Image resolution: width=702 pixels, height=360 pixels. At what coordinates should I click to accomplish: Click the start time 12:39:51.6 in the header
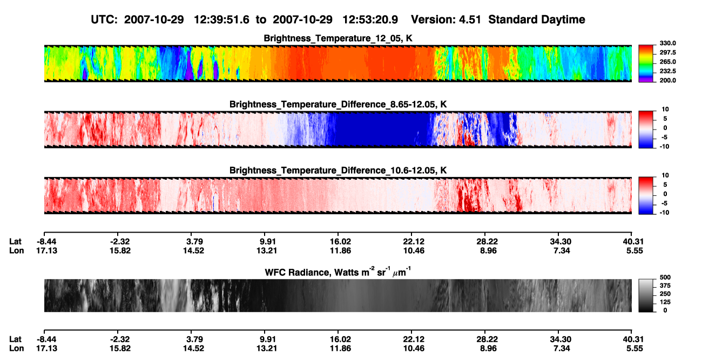coord(221,20)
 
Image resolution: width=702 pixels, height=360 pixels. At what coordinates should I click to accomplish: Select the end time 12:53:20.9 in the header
coord(370,20)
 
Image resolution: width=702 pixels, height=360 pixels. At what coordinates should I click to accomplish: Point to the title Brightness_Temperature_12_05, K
coord(338,38)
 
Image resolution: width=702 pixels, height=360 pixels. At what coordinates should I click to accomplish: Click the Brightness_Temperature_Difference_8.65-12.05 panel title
coord(338,104)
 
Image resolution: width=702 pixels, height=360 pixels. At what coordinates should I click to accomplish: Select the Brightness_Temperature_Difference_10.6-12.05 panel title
coord(338,171)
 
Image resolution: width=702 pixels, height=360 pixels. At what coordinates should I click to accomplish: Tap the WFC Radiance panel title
coord(337,272)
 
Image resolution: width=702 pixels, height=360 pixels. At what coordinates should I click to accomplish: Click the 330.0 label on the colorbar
coord(667,43)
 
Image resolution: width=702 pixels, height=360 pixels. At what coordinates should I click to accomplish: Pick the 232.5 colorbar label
coord(667,71)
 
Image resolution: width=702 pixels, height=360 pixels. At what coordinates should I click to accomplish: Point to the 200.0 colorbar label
coord(667,80)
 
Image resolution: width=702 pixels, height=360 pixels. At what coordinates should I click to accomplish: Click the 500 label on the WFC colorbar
coord(665,277)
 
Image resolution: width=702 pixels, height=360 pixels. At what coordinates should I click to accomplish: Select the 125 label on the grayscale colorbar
coord(665,302)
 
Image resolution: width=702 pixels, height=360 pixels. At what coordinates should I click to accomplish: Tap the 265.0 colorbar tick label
coord(667,62)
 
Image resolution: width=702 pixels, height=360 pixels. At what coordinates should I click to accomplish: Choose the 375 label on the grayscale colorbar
coord(665,286)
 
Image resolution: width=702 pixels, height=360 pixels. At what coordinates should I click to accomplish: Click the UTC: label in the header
coord(104,20)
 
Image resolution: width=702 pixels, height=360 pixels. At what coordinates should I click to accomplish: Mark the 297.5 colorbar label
coord(667,52)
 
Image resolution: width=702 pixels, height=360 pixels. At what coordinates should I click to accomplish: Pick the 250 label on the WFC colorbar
coord(665,294)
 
